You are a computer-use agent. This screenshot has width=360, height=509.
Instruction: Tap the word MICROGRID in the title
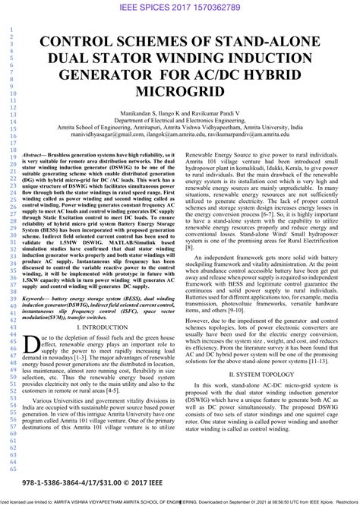(180, 93)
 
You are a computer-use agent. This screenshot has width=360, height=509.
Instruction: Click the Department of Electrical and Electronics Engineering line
(180, 120)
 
